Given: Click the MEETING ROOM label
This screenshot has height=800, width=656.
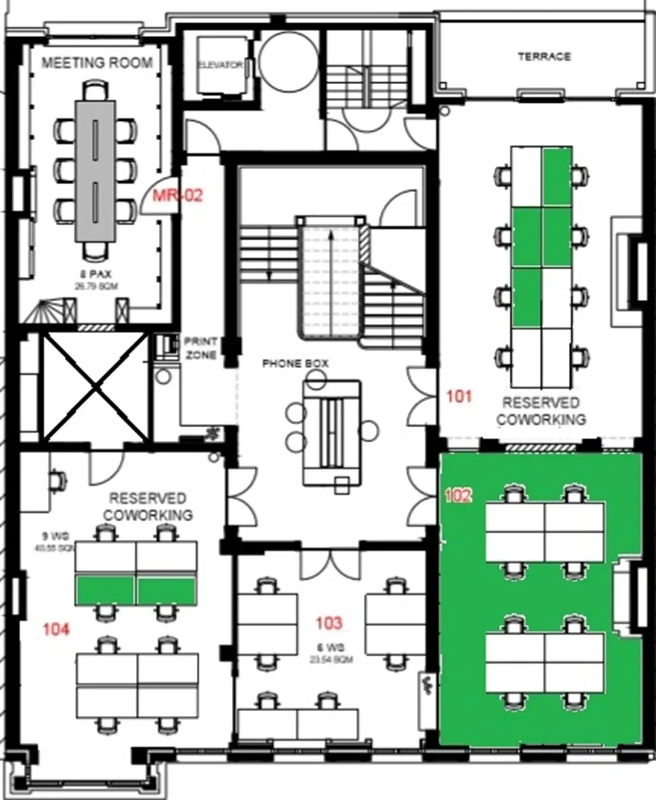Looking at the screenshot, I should click(x=97, y=63).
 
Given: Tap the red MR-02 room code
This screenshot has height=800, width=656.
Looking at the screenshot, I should click(x=178, y=196).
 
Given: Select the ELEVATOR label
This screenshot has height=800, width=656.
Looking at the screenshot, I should click(x=221, y=65).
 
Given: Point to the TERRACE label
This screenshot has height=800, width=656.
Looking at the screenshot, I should click(x=544, y=57).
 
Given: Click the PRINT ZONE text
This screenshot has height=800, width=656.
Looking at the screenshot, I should click(x=200, y=348).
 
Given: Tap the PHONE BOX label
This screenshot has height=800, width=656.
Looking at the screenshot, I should click(x=295, y=364).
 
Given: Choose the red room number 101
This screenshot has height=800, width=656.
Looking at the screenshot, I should click(x=459, y=396).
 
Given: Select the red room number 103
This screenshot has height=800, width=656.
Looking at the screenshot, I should click(x=329, y=623).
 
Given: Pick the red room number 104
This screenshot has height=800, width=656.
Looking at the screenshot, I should click(x=56, y=629).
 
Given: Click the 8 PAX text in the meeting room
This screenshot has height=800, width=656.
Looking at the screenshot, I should click(x=96, y=274).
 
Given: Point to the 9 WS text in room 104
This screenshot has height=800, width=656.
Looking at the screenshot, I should click(x=56, y=536).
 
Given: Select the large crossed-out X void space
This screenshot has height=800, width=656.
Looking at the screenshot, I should click(x=96, y=387).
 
